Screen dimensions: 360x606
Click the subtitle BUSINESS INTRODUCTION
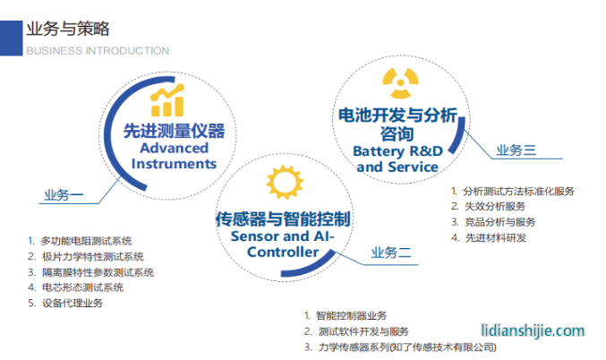pyautogui.click(x=98, y=51)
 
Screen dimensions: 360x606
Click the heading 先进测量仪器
pyautogui.click(x=173, y=132)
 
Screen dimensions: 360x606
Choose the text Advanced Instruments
pyautogui.click(x=174, y=156)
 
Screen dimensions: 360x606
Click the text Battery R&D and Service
pyautogui.click(x=397, y=159)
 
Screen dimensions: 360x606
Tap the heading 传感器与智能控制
pyautogui.click(x=283, y=219)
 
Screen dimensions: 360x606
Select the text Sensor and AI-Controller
pyautogui.click(x=283, y=244)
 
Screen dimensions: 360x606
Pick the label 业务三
pyautogui.click(x=516, y=150)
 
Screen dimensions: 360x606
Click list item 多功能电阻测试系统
pyautogui.click(x=86, y=240)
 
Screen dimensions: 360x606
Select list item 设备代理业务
pyautogui.click(x=72, y=303)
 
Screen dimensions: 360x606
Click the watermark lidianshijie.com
pyautogui.click(x=532, y=330)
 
